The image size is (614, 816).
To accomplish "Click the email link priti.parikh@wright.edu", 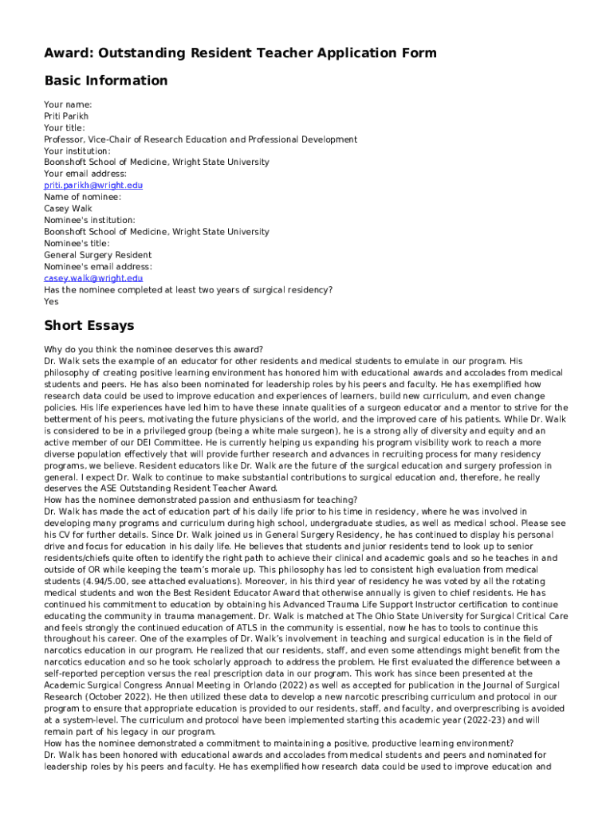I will click(93, 185).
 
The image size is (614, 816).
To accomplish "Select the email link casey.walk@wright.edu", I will click(93, 278).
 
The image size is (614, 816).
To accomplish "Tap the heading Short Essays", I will click(89, 325).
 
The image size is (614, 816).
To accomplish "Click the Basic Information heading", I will click(106, 80).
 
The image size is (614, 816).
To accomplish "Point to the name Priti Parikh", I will click(66, 116).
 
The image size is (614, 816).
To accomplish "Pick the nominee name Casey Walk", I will click(68, 209).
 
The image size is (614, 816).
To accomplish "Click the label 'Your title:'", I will click(65, 127).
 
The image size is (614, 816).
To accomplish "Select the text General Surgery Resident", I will click(97, 255).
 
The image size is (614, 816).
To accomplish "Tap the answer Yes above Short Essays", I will click(51, 301).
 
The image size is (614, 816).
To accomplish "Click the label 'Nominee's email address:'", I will click(97, 266).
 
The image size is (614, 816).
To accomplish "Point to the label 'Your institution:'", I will click(77, 151).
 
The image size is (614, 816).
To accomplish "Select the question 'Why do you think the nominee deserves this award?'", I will click(154, 348).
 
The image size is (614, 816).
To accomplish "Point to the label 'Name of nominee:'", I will click(82, 197).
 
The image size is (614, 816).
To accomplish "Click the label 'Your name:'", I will click(68, 104).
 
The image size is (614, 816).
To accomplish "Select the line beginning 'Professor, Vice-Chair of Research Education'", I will click(200, 139).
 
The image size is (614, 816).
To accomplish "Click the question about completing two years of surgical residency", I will click(188, 290).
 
